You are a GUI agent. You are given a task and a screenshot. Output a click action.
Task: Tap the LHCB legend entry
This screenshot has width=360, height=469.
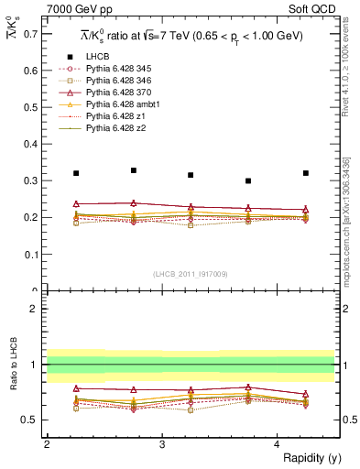point(98,57)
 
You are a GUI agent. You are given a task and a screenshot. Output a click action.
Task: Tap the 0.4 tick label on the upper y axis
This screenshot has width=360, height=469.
point(29,144)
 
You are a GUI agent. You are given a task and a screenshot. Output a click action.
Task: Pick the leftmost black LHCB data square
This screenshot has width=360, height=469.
point(76,173)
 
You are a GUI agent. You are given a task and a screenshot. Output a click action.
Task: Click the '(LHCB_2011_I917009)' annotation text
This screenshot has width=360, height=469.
point(190,273)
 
